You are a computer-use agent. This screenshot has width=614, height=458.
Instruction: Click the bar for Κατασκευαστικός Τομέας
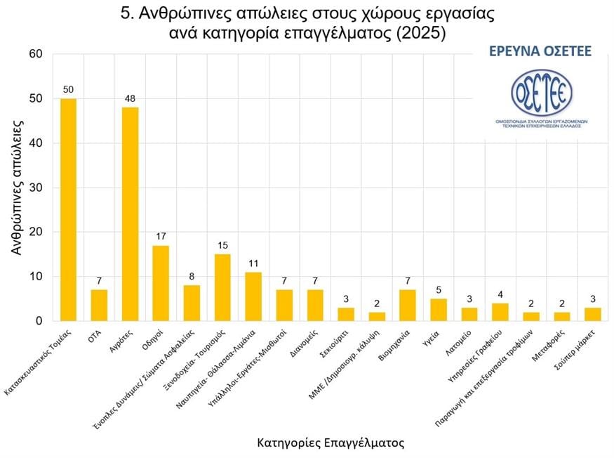point(68,209)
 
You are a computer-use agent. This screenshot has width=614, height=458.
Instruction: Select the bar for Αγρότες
point(130,214)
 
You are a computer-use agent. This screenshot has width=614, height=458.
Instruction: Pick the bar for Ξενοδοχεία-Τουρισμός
point(222,287)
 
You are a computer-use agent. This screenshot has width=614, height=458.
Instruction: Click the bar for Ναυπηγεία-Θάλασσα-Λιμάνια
point(253,296)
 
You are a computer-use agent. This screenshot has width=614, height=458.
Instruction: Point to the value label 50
point(68,90)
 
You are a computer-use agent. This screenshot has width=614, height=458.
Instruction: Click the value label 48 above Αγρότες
point(130,99)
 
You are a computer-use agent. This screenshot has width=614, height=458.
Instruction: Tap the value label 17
point(161,237)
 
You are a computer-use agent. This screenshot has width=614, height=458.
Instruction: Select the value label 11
point(253,263)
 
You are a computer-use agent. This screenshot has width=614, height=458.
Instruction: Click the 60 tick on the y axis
point(36,54)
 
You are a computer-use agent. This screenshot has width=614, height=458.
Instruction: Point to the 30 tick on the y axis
point(36,188)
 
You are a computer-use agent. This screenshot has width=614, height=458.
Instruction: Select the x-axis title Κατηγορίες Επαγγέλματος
point(331,443)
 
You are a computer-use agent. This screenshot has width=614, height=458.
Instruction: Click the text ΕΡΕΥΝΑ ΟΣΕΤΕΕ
point(541,51)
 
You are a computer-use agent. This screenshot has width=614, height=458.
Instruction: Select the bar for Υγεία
point(439,310)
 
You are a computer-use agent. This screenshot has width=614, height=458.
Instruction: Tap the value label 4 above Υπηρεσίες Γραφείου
point(500,294)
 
